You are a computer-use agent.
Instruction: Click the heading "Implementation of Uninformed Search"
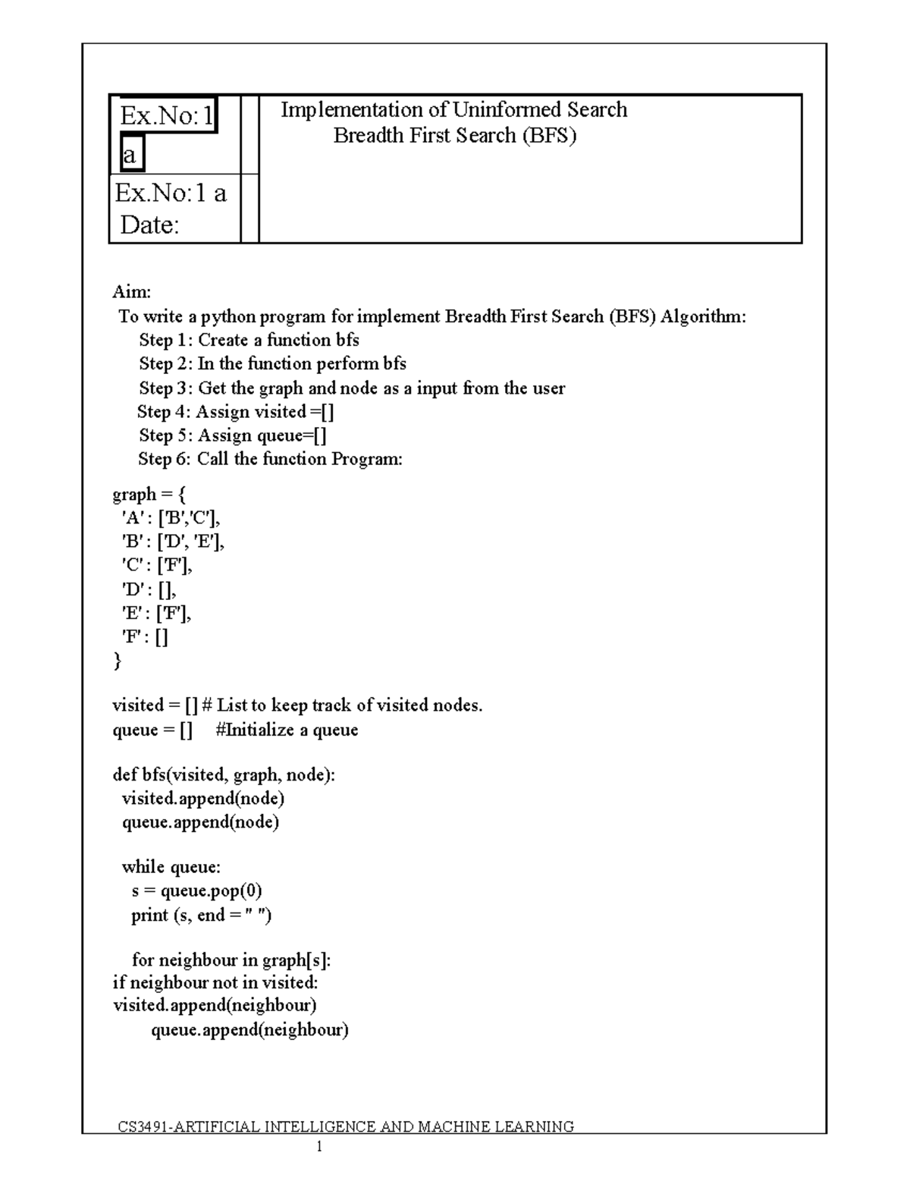[453, 110]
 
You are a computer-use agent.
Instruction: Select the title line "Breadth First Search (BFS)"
[455, 136]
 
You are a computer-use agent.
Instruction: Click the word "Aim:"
[132, 292]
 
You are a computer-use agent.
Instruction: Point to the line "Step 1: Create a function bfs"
[249, 340]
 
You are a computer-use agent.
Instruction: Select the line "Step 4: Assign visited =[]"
[235, 412]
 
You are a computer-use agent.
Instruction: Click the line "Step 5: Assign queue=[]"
[232, 435]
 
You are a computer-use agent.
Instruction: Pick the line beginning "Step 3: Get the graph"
[351, 388]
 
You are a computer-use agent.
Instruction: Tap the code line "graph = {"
[149, 495]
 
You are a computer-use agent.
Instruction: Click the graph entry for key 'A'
[171, 518]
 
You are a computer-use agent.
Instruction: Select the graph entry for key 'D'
[149, 589]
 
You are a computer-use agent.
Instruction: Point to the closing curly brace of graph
[117, 661]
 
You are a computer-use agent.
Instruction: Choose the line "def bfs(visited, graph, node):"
[224, 775]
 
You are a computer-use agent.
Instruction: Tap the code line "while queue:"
[171, 867]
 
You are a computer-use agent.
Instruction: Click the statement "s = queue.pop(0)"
[196, 891]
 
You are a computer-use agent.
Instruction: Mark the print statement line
[201, 916]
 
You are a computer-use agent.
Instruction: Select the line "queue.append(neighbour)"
[249, 1030]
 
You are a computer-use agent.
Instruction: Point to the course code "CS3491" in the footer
[144, 1126]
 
